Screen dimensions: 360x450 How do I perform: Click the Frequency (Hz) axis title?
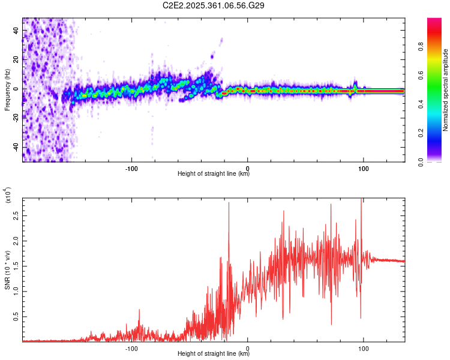[7, 90]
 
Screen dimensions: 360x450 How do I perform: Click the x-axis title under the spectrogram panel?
[214, 173]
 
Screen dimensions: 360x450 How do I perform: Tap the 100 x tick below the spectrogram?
[363, 167]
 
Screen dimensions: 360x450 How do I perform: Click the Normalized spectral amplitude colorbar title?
[445, 91]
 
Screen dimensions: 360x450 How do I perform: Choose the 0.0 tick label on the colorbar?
[438, 161]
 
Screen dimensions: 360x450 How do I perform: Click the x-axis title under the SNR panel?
[214, 353]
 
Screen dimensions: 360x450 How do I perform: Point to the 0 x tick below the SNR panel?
[248, 347]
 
